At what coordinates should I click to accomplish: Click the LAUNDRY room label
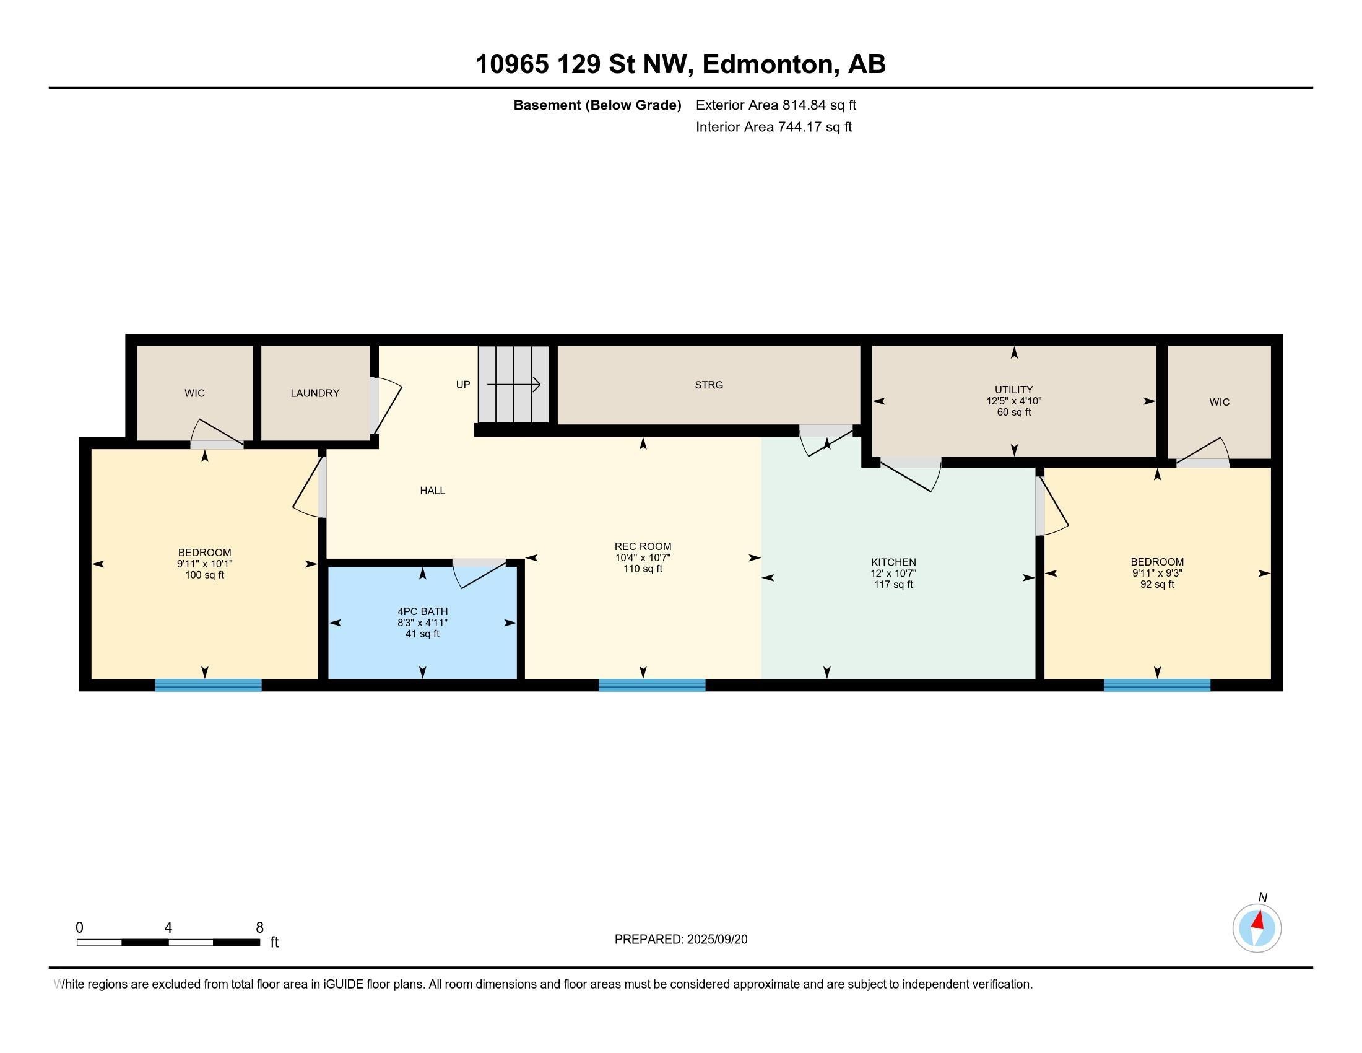pos(315,393)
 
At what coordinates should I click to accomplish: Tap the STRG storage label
pos(709,385)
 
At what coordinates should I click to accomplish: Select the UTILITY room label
pos(1014,390)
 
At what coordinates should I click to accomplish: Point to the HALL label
pos(432,491)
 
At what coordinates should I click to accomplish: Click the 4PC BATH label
pos(423,611)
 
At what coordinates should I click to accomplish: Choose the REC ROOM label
pos(643,546)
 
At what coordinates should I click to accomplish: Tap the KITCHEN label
pos(893,562)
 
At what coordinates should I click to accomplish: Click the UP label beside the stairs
pos(462,384)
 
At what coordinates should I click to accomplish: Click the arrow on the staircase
pos(513,384)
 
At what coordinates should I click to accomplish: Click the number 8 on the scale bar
pos(259,928)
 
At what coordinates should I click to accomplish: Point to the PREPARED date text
pos(681,940)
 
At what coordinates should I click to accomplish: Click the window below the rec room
pos(653,685)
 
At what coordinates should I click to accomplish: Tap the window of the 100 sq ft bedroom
pos(208,685)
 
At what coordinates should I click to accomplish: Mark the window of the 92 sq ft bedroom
pos(1158,685)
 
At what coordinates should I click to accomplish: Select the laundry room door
pos(386,406)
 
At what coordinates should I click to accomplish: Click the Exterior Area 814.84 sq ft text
pos(776,105)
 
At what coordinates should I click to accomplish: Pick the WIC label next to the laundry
pos(194,393)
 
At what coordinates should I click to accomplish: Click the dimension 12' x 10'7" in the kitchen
pos(893,574)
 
